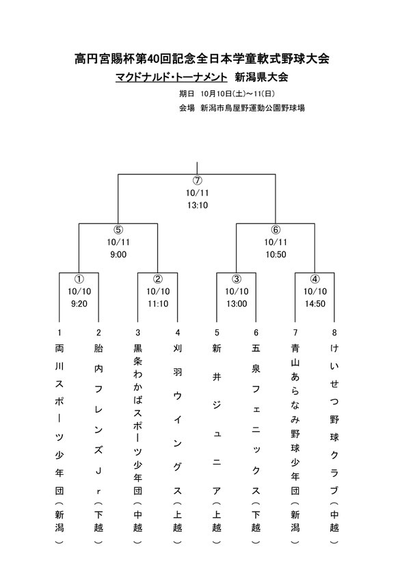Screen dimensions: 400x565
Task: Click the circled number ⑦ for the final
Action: tap(198, 180)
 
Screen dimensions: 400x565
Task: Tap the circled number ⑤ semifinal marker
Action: tap(118, 230)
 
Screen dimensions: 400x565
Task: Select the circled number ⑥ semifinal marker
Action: tap(276, 230)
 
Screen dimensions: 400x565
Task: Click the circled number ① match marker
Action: tap(79, 279)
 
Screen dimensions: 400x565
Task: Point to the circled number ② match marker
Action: tap(158, 279)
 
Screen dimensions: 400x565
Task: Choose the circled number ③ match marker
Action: tap(237, 279)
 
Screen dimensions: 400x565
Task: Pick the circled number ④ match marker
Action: tap(315, 279)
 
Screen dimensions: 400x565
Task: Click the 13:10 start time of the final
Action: tap(198, 206)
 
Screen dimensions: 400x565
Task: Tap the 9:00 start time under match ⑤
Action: tap(118, 254)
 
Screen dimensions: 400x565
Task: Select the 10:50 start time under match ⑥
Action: tap(276, 254)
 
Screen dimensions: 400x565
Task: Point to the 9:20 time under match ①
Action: tap(79, 304)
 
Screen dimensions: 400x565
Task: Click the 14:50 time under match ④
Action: tap(315, 304)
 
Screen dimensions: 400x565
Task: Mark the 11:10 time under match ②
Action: tap(158, 304)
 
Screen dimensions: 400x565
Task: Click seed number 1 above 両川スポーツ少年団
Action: tap(59, 333)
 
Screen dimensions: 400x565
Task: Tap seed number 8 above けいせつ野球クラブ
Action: tap(334, 333)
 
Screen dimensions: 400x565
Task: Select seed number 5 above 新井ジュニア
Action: tap(217, 333)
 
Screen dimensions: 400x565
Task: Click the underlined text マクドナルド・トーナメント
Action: tap(172, 77)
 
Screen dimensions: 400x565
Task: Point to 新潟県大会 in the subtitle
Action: tap(261, 77)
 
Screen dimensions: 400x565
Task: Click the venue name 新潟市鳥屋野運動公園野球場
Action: tap(252, 108)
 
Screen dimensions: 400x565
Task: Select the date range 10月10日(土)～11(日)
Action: tap(238, 94)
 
